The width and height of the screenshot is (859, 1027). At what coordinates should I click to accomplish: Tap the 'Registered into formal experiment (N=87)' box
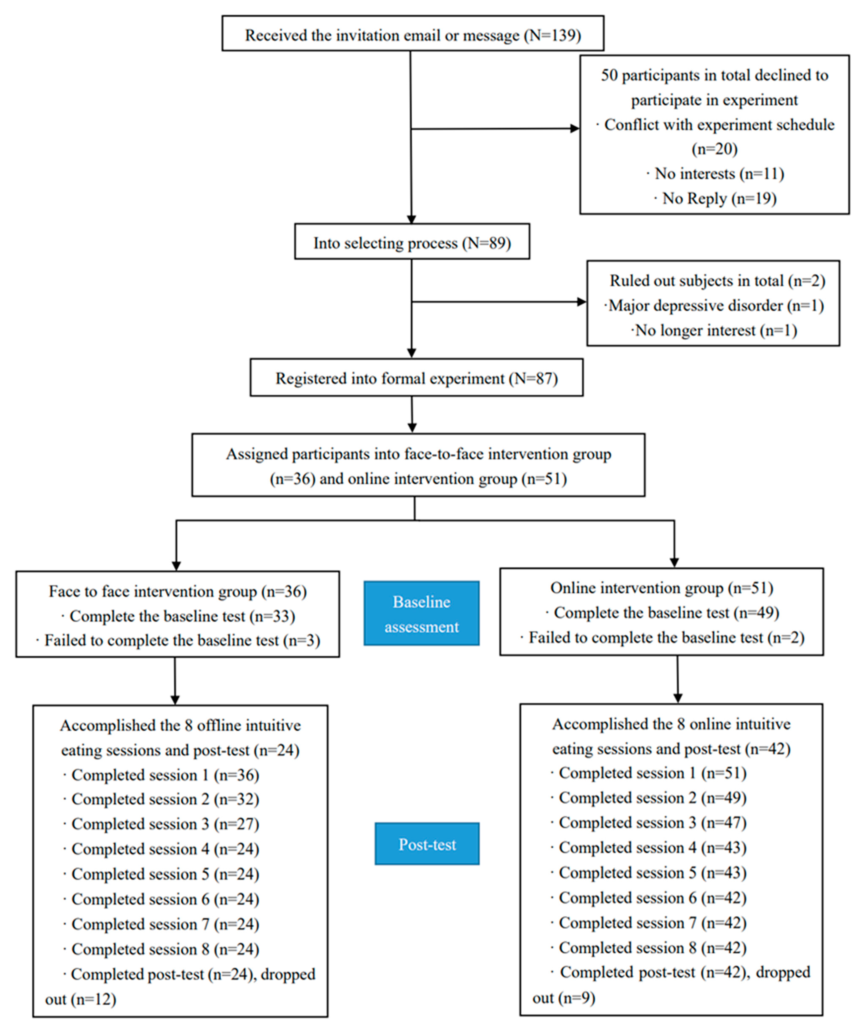[416, 378]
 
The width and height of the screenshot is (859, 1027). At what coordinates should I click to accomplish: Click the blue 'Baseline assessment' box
[421, 613]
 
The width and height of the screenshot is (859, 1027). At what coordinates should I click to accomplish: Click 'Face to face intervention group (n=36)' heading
[178, 591]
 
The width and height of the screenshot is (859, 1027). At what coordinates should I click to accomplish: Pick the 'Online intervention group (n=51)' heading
[661, 587]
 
